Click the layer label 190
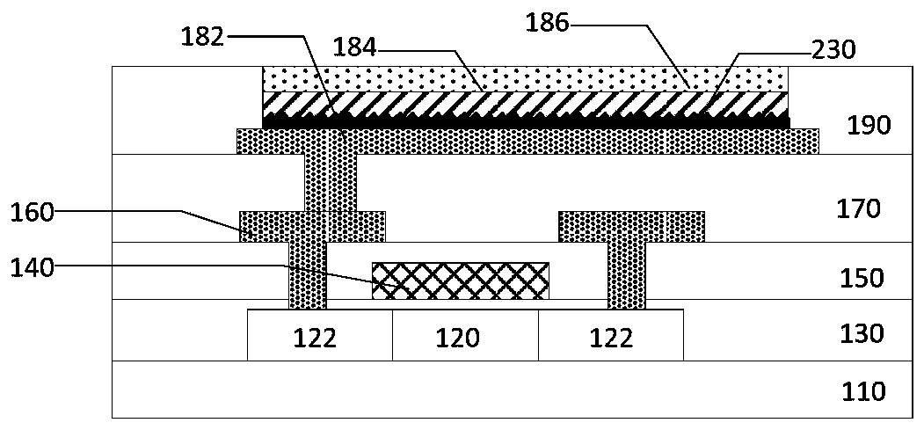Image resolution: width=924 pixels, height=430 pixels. click(869, 126)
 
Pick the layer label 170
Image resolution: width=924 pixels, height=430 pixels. click(858, 208)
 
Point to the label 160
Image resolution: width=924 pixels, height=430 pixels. click(33, 211)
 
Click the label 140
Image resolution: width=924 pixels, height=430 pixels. click(33, 269)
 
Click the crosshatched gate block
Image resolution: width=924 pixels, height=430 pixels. click(461, 281)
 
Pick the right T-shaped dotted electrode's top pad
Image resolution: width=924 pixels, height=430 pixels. click(631, 226)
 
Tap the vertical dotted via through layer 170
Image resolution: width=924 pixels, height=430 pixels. click(331, 182)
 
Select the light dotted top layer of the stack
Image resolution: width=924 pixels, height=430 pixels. click(526, 79)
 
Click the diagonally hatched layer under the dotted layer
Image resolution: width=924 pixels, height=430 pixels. click(526, 103)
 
